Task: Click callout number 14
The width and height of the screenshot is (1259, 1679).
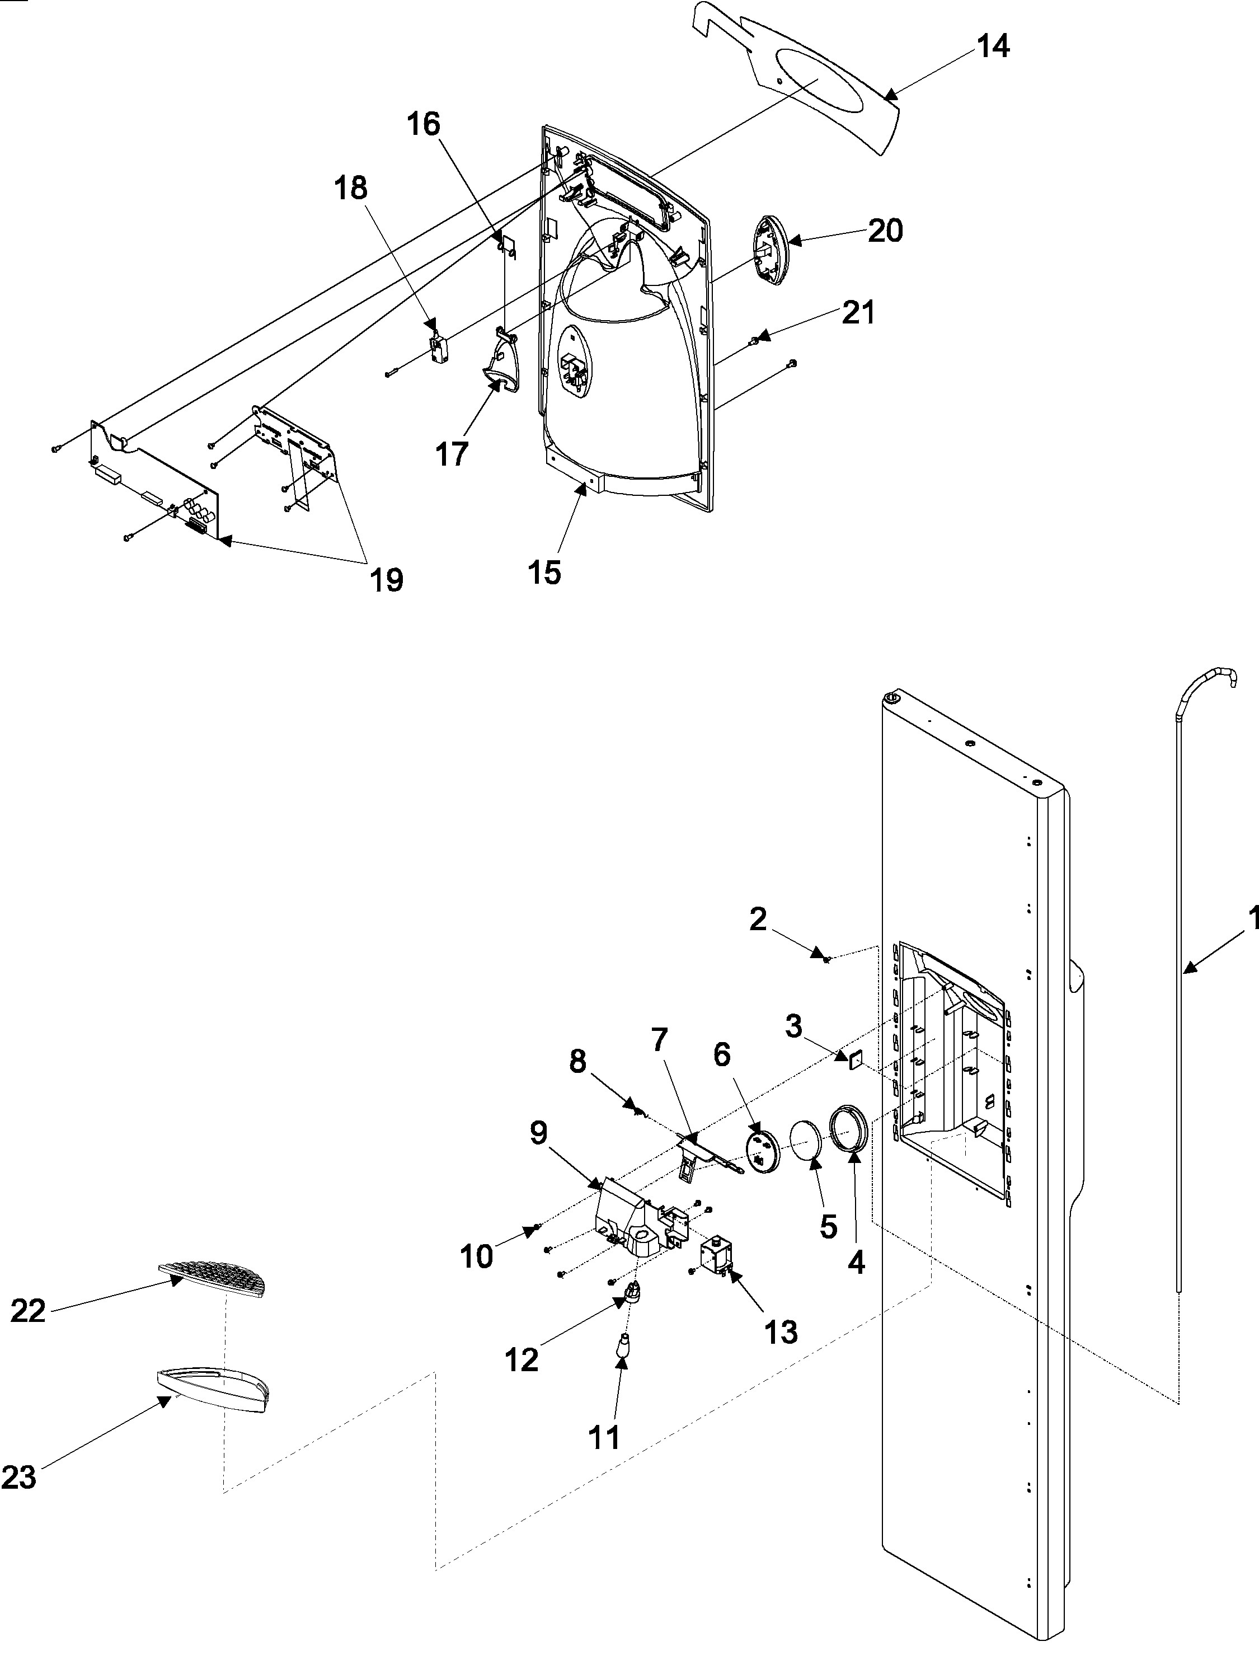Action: pyautogui.click(x=993, y=47)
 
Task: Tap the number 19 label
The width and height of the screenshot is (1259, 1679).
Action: pyautogui.click(x=386, y=581)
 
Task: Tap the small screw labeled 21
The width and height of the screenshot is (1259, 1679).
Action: pyautogui.click(x=754, y=341)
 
